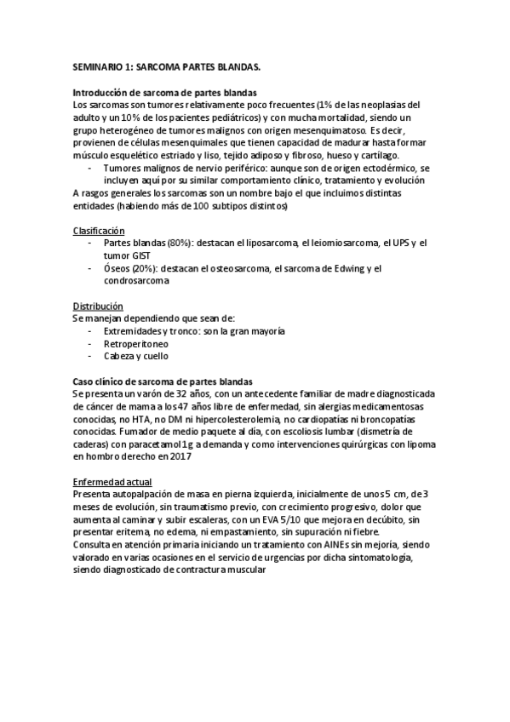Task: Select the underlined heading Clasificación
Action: [98, 231]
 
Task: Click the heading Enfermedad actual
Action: [112, 481]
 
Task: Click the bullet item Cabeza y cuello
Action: [135, 356]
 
